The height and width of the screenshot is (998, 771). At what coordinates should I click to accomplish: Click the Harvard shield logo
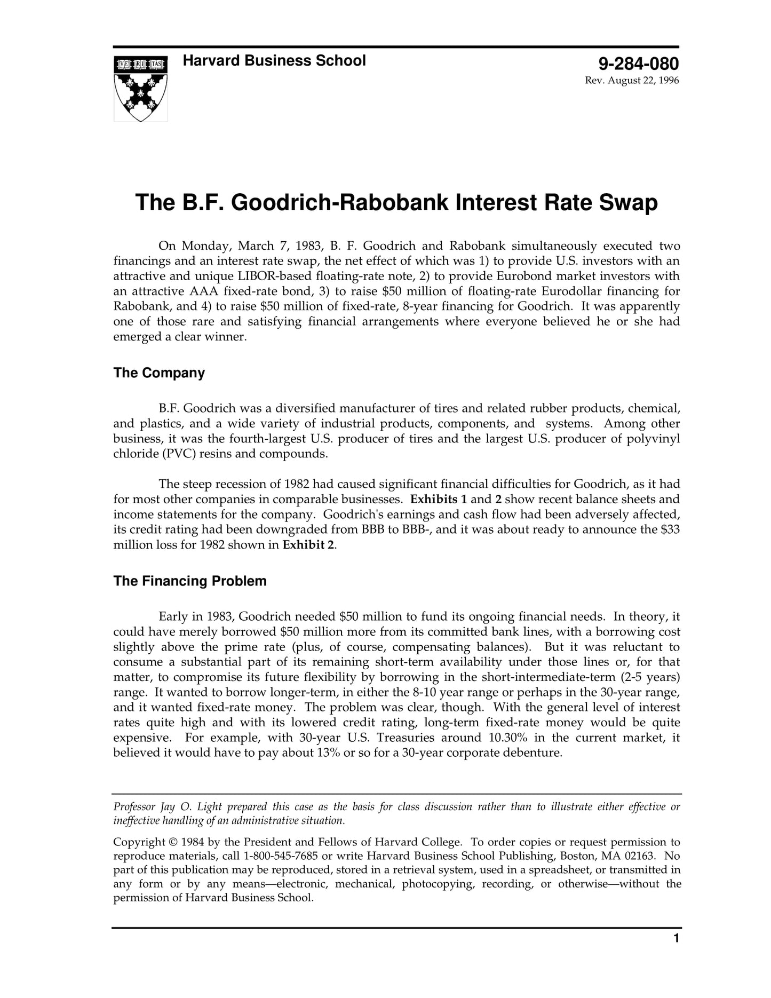[140, 89]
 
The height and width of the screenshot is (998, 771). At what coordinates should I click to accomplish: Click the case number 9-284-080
[638, 64]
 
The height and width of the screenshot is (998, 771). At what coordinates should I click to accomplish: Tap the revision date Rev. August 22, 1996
[632, 81]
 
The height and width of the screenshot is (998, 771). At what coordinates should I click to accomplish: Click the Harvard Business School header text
[274, 61]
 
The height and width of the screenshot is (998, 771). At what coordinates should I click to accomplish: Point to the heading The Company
[159, 373]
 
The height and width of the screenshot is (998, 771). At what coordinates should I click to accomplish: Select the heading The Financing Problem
[190, 581]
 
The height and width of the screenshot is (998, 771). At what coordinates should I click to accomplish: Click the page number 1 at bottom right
[676, 938]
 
